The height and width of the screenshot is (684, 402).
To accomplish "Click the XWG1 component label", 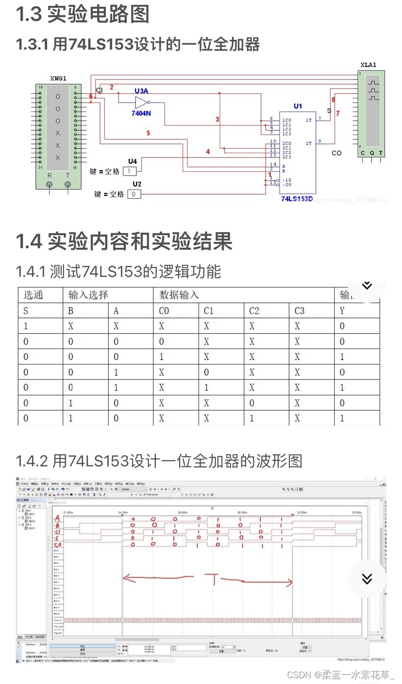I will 58,78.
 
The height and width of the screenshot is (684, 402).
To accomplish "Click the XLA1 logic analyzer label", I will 368,65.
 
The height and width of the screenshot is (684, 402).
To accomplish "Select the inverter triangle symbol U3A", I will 141,102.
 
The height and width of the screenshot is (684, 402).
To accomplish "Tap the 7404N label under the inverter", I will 141,113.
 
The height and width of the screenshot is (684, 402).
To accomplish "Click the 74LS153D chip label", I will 297,199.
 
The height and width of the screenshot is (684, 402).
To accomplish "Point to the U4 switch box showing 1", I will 129,171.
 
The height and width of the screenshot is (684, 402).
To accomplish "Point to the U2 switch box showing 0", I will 134,194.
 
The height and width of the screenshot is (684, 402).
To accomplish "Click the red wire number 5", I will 148,133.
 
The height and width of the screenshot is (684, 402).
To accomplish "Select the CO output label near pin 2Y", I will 336,153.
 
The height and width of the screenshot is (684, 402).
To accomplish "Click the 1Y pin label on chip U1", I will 309,120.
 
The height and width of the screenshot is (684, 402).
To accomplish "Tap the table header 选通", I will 33,295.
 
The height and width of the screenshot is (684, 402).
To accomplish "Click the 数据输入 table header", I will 179,295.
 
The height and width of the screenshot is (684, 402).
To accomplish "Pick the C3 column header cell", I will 300,310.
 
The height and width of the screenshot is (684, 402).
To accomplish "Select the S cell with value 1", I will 26,326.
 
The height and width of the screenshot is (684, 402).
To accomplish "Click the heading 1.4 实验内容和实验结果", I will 124,241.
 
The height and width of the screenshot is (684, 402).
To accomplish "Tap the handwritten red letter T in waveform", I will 212,579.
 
